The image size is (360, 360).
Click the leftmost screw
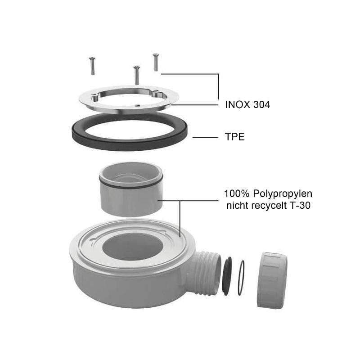[x=92, y=66]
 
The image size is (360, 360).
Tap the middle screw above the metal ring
[x=137, y=75]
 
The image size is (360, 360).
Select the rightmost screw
[x=156, y=62]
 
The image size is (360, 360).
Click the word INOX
[x=238, y=105]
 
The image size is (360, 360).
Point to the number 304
[x=262, y=105]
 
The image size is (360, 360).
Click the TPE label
[x=234, y=137]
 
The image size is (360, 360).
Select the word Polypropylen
[x=283, y=194]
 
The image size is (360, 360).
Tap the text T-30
[x=300, y=205]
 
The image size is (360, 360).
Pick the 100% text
[x=237, y=194]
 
